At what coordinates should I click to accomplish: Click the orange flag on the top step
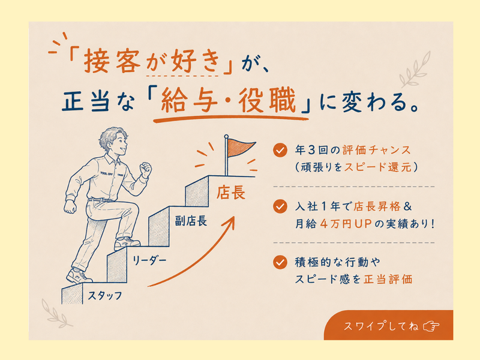pos(239,147)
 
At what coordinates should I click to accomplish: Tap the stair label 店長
pos(231,193)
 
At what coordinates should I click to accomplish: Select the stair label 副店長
pos(191,221)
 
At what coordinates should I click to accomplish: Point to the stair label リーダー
pos(149,260)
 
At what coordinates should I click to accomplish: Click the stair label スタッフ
pos(104,295)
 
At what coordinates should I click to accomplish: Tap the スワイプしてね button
pos(388,325)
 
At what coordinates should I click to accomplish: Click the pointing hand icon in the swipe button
pos(431,326)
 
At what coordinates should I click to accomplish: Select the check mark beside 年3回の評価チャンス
pos(280,150)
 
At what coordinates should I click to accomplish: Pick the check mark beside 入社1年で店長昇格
pos(280,206)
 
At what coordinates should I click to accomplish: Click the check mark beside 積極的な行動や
pos(280,262)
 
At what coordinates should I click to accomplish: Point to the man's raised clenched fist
pos(145,169)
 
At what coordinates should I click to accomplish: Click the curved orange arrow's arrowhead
pos(230,222)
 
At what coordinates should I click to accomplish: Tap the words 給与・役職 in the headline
pos(228,101)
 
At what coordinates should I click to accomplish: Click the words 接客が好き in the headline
pos(152,61)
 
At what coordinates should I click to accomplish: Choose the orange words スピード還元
pos(378,167)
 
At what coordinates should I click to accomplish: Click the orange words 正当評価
pos(388,279)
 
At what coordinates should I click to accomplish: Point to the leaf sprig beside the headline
pos(415,70)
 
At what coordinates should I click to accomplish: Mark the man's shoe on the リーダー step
pos(127,243)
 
